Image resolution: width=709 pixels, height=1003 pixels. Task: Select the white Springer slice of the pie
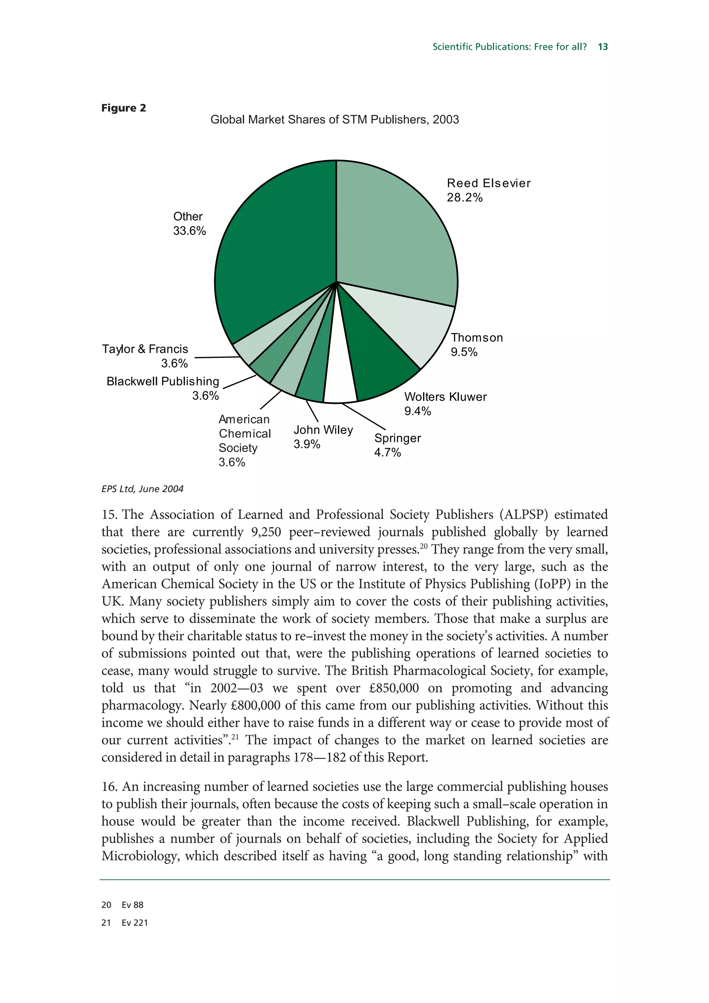(339, 376)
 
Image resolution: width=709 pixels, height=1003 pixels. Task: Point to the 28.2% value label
(464, 198)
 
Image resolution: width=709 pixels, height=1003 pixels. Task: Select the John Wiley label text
(323, 430)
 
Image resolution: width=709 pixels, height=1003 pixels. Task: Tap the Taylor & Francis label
(145, 349)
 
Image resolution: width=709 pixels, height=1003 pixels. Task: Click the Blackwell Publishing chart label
(162, 381)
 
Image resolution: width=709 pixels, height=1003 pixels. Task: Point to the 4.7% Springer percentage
(387, 453)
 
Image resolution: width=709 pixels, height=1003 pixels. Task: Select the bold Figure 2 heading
(124, 108)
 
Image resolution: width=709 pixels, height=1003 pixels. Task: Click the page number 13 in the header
(603, 47)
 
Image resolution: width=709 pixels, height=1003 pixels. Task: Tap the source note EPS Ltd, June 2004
(142, 489)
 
